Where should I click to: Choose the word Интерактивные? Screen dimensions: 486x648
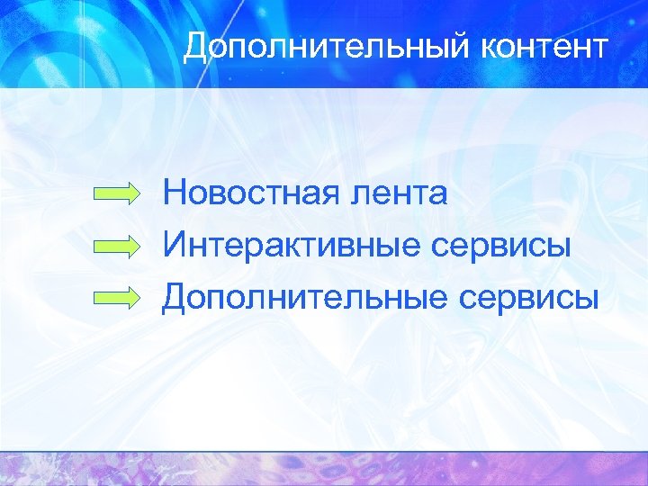(287, 244)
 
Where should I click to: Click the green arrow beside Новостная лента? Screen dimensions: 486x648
(118, 193)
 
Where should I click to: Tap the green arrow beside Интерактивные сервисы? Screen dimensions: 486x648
(118, 245)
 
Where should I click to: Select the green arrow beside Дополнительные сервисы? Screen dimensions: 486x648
(118, 296)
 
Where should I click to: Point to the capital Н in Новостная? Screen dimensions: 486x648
(175, 193)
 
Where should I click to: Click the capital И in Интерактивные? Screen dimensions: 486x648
(176, 244)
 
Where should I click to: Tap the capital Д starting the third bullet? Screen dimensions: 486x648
(176, 295)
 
